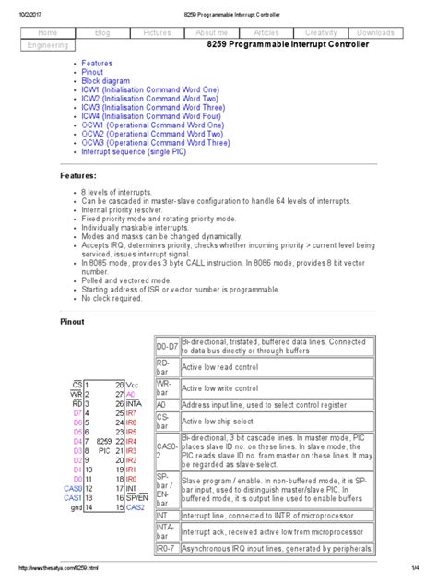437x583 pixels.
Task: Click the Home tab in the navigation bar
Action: click(47, 32)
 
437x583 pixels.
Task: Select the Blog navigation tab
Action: click(101, 32)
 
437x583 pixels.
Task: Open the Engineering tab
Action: click(47, 44)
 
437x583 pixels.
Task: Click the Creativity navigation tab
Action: click(320, 32)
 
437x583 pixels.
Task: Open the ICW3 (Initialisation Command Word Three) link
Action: click(151, 108)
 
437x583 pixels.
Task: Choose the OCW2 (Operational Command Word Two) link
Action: click(150, 135)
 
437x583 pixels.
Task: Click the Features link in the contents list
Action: click(97, 64)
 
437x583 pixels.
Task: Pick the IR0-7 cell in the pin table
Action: click(167, 549)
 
